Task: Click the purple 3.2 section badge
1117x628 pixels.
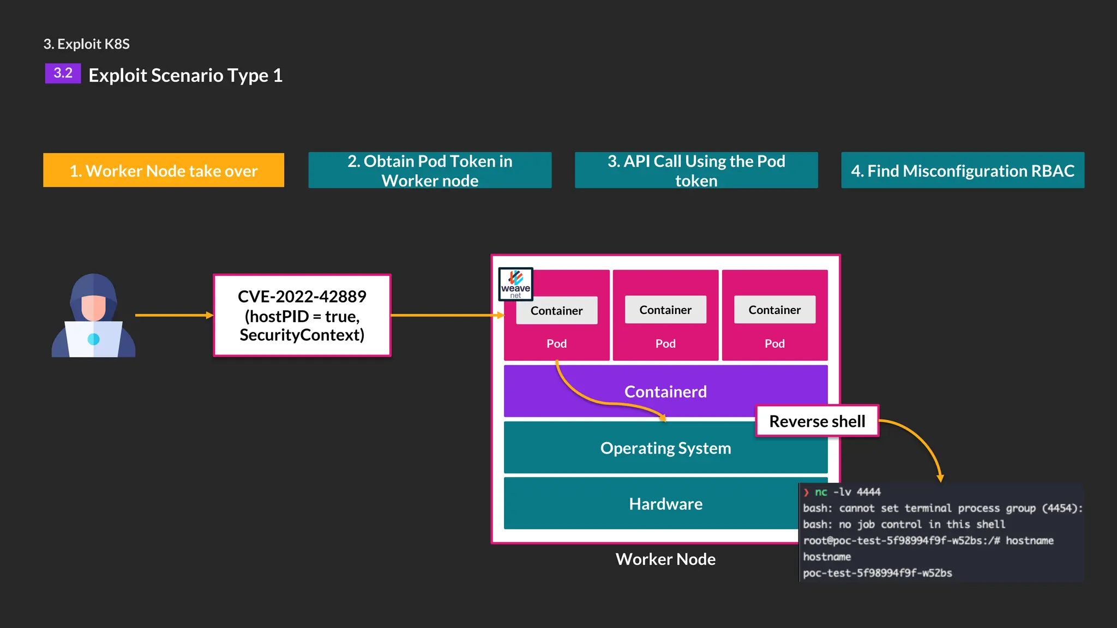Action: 63,73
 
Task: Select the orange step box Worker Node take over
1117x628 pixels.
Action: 164,171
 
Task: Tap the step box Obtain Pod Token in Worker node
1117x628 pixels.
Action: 430,171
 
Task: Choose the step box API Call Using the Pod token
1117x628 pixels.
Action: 696,171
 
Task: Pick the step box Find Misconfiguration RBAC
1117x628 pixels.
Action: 962,171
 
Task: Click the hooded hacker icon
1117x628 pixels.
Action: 93,316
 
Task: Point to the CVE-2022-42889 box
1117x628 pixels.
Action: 302,316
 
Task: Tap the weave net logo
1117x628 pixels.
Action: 515,284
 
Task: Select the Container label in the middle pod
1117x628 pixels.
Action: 665,310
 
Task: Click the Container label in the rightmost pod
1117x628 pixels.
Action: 774,310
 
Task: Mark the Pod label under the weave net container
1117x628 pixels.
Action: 556,343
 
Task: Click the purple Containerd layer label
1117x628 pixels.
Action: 665,391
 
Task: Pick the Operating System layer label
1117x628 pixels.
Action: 665,448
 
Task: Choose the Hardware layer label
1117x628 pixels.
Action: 665,504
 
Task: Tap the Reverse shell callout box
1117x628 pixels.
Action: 817,421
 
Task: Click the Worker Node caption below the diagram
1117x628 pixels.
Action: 665,559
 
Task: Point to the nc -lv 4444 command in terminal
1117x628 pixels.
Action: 848,492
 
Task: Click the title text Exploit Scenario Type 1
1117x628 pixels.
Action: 185,75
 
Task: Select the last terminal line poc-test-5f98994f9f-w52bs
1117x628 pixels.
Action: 877,573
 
